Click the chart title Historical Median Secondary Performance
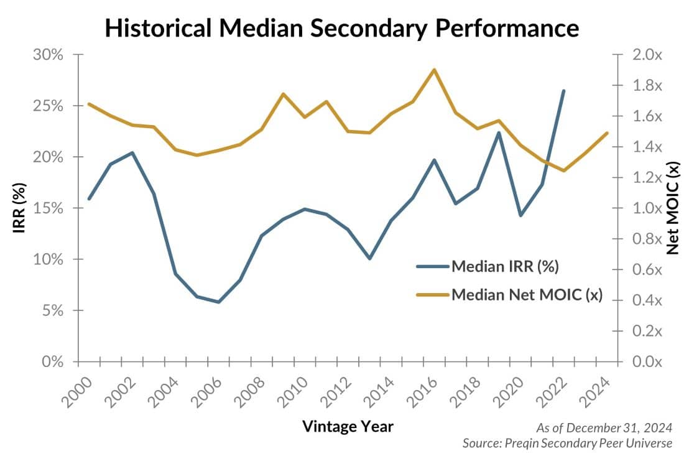pos(341,28)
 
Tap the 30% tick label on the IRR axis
pos(48,55)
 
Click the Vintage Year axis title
pos(348,426)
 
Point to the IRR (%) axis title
pos(19,208)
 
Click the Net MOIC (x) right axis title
pos(672,208)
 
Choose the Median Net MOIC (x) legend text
pos(526,294)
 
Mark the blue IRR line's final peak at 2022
pos(563,91)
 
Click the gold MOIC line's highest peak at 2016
pos(434,70)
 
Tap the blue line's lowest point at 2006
pos(218,302)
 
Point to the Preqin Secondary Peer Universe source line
pos(567,443)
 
